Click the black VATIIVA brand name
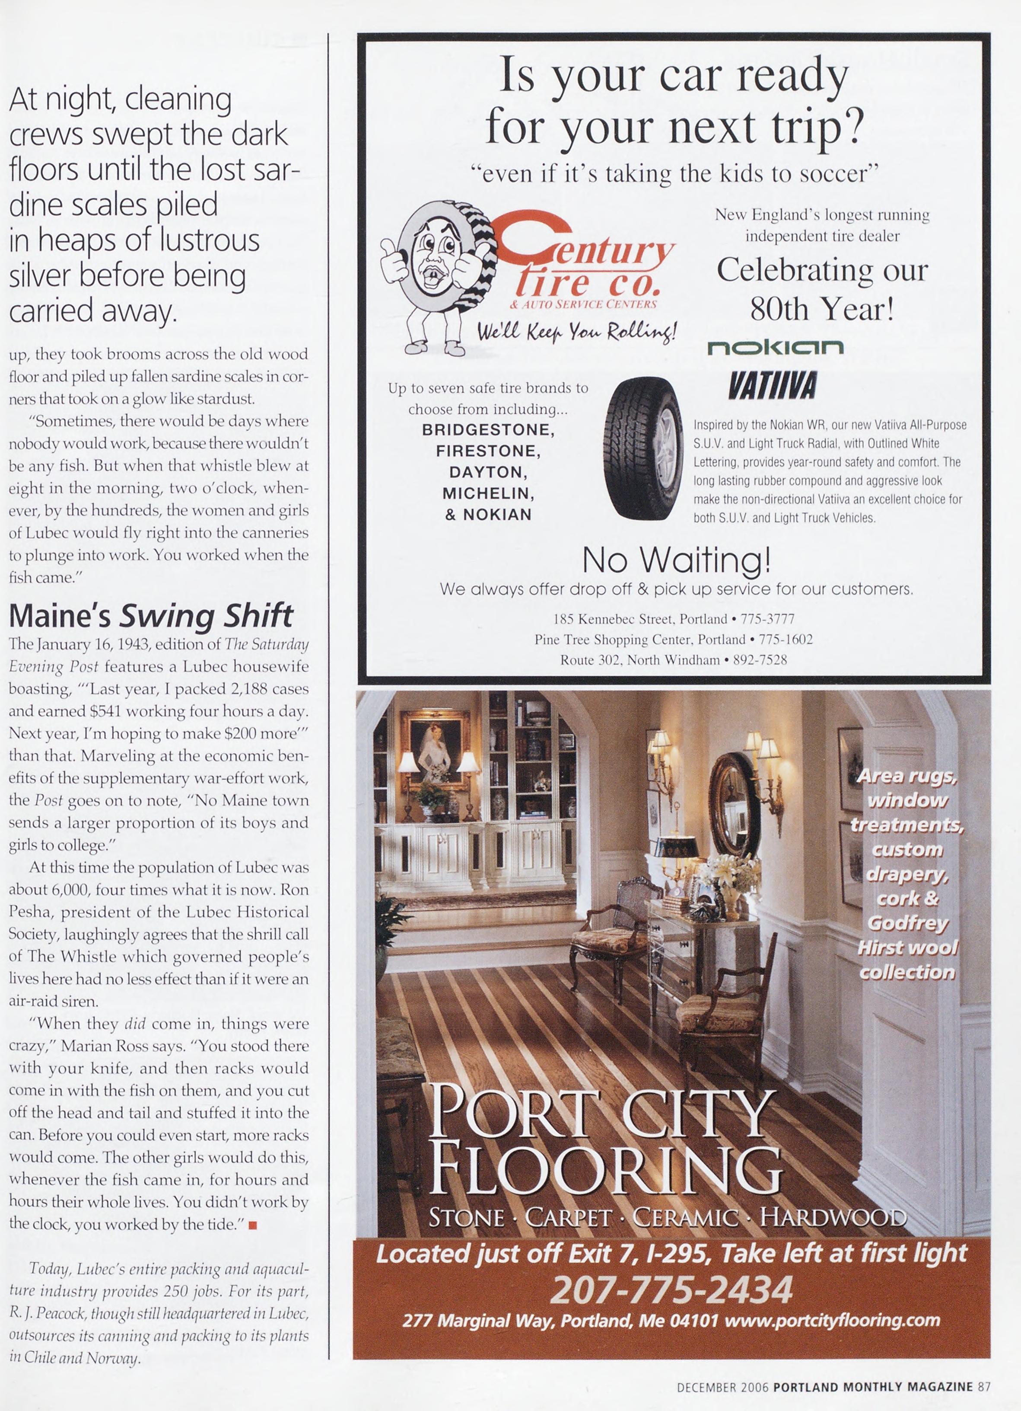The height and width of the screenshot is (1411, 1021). [x=772, y=386]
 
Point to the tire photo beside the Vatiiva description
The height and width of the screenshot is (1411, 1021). [x=643, y=448]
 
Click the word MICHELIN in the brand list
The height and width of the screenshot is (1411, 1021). [x=488, y=493]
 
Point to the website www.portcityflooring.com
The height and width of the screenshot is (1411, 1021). [x=832, y=1320]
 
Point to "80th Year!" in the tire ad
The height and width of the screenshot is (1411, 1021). [x=822, y=309]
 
